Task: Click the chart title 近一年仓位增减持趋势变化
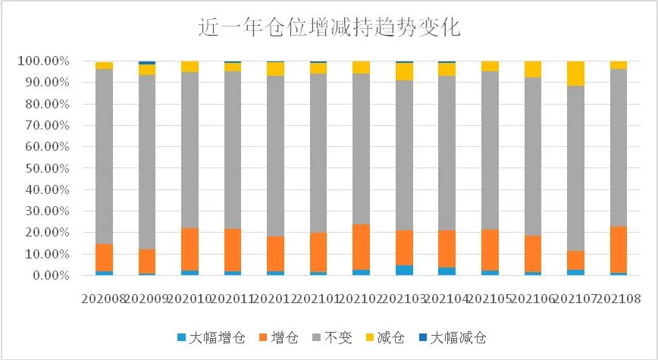[x=329, y=28]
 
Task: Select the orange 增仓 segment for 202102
[x=362, y=246]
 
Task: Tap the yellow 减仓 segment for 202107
[x=577, y=74]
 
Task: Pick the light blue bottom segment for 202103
[x=405, y=270]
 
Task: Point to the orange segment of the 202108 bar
[x=619, y=249]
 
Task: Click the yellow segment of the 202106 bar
[x=534, y=69]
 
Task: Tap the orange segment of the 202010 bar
[x=190, y=249]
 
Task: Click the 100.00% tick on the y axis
[x=45, y=61]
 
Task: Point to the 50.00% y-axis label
[x=47, y=168]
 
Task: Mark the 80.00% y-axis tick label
[x=47, y=104]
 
